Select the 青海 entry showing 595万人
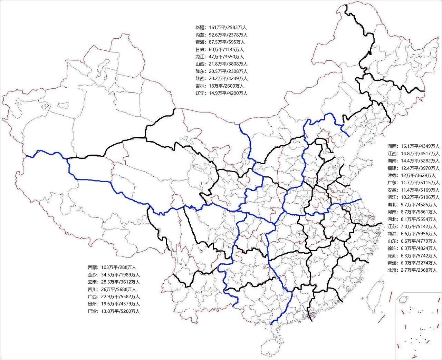click(220, 42)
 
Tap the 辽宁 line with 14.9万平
click(221, 93)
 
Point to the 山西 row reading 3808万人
click(221, 64)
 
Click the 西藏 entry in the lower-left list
click(112, 267)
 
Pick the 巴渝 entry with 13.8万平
click(114, 311)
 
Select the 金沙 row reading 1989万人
click(114, 275)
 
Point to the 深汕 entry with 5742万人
click(412, 256)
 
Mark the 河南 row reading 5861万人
click(412, 212)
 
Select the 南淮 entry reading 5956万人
click(412, 234)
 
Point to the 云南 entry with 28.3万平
click(114, 282)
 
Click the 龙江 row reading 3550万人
click(220, 57)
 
